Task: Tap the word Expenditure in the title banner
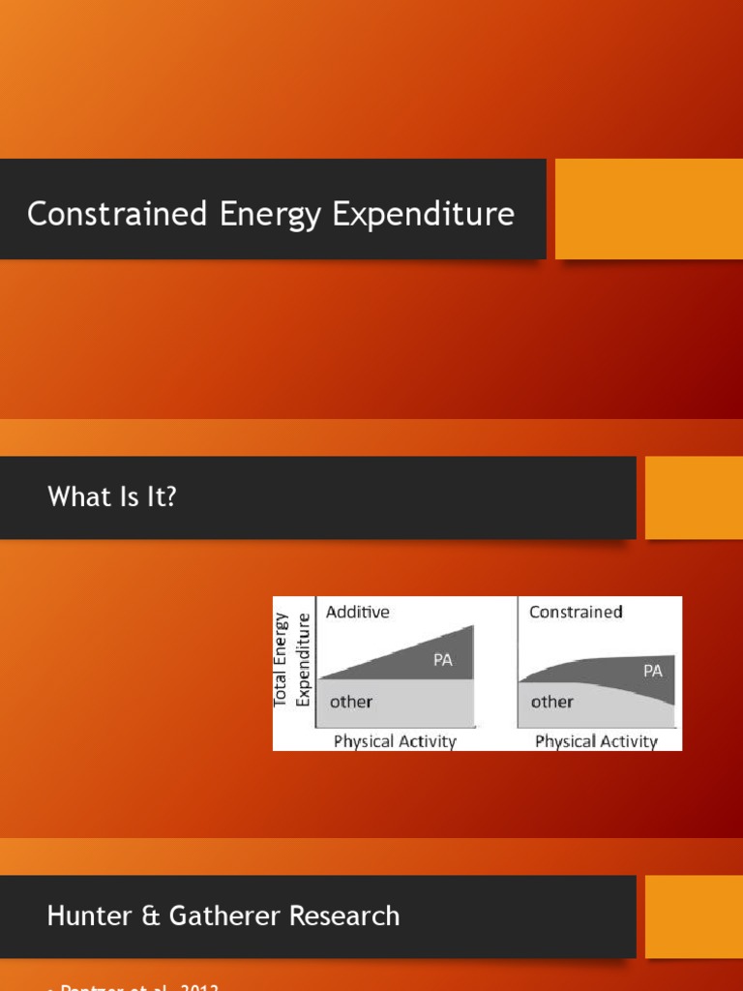pyautogui.click(x=424, y=214)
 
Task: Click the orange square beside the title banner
pyautogui.click(x=648, y=209)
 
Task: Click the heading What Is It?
pyautogui.click(x=112, y=497)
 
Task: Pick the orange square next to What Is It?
pyautogui.click(x=694, y=497)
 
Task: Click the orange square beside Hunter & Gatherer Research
pyautogui.click(x=694, y=916)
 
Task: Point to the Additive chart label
pyautogui.click(x=357, y=612)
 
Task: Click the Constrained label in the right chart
pyautogui.click(x=576, y=612)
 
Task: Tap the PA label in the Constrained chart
pyautogui.click(x=653, y=670)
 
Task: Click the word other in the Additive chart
pyautogui.click(x=350, y=702)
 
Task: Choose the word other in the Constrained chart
pyautogui.click(x=551, y=702)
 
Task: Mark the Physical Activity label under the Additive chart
pyautogui.click(x=395, y=741)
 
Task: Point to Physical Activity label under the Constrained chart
pyautogui.click(x=596, y=741)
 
